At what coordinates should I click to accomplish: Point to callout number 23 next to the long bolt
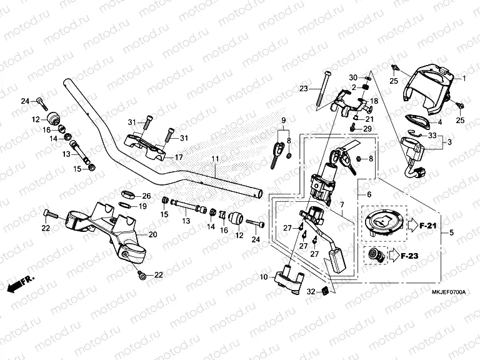[x=304, y=88]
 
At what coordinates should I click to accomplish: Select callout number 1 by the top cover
[x=464, y=79]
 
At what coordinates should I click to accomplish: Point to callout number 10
[x=263, y=276]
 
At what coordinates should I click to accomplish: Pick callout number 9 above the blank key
[x=282, y=120]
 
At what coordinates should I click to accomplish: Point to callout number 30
[x=352, y=77]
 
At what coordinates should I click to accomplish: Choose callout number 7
[x=342, y=205]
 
